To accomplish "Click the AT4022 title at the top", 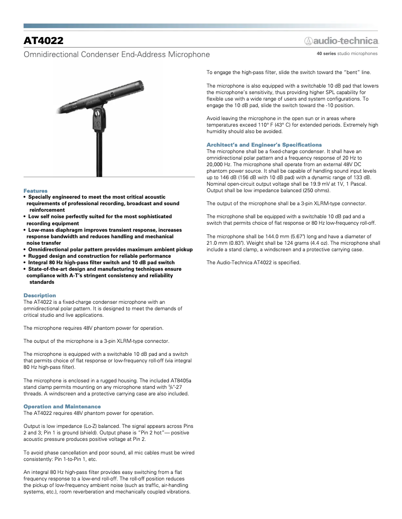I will tap(44, 40).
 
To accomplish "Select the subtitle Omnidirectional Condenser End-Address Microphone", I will tap(117, 54).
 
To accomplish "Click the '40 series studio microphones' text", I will tap(347, 54).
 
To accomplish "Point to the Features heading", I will tap(36, 191).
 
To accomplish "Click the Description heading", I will tap(40, 295).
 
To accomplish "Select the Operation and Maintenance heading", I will tap(62, 406).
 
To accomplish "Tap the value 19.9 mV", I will tap(329, 184).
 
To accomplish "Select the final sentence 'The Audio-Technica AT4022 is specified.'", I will tap(254, 262).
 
